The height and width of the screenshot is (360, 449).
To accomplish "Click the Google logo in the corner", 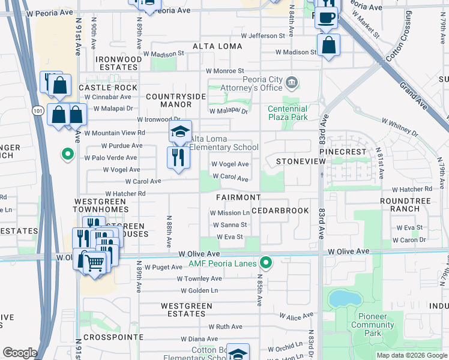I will pos(20,353).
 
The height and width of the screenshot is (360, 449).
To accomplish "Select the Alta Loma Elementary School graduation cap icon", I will pos(180,132).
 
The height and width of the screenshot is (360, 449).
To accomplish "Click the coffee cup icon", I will pos(327,17).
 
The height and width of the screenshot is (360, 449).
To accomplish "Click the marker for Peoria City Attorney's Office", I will pos(292,81).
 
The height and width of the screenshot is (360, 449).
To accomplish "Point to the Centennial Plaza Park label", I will pos(288,113).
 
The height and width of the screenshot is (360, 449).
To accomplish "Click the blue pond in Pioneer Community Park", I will pos(340,298).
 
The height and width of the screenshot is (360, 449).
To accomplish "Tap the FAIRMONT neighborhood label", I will pos(239,197).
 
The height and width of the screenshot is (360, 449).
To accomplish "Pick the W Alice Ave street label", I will pos(294,316).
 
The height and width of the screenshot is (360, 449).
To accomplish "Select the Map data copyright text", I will pos(411,355).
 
